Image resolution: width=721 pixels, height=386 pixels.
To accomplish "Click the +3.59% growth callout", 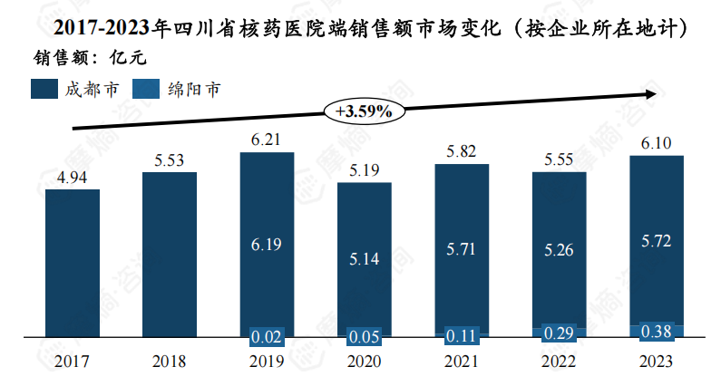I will point(363,111).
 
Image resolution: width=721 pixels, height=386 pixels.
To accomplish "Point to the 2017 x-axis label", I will point(72,362).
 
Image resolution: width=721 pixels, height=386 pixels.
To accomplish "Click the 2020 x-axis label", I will point(364,362).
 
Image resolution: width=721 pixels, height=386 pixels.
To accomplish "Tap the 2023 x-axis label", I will point(656,362).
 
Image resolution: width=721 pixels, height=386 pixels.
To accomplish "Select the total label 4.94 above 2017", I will point(72,178).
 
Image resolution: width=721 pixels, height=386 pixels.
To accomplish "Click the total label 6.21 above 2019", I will point(267,140).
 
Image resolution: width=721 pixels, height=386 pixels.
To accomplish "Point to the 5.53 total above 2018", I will point(169,160).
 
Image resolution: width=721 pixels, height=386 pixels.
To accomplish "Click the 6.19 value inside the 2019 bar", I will point(267,244).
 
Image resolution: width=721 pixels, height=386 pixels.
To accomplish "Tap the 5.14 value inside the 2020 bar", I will point(364,259).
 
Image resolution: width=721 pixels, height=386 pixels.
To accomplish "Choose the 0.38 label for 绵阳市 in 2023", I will point(656,332).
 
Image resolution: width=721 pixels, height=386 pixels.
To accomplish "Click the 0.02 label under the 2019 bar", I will point(267,337).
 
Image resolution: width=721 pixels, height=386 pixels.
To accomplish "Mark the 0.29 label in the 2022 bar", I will point(559,333).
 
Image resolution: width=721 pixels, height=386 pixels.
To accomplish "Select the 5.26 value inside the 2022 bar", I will point(559,250).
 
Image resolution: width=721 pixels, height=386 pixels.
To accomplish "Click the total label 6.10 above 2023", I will point(656,143).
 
